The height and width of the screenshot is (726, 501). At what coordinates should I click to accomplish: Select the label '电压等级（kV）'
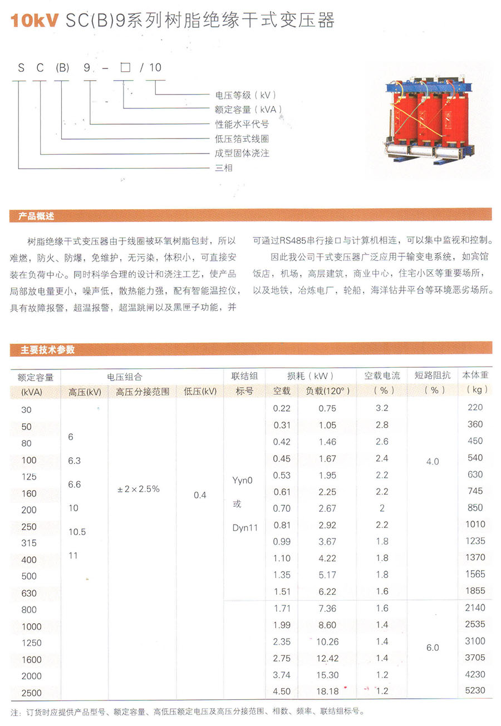(x=245, y=95)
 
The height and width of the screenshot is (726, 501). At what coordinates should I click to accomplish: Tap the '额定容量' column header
(x=35, y=377)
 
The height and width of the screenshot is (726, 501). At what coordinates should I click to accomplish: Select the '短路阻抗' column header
(x=432, y=376)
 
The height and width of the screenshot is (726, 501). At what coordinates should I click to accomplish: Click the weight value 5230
(x=475, y=690)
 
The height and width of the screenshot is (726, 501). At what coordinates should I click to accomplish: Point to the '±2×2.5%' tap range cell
(x=139, y=489)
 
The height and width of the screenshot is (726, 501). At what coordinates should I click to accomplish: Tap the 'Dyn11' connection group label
(x=245, y=528)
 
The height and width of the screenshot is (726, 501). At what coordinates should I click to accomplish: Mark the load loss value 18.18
(x=327, y=692)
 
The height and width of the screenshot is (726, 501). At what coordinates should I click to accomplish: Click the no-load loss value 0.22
(x=282, y=408)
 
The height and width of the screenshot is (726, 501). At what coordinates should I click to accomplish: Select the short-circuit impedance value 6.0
(x=432, y=648)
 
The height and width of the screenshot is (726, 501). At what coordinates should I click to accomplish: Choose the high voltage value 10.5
(x=77, y=532)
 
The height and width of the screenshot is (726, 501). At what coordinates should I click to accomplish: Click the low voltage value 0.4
(x=200, y=495)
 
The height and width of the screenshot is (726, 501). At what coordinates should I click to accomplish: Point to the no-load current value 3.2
(x=382, y=408)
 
